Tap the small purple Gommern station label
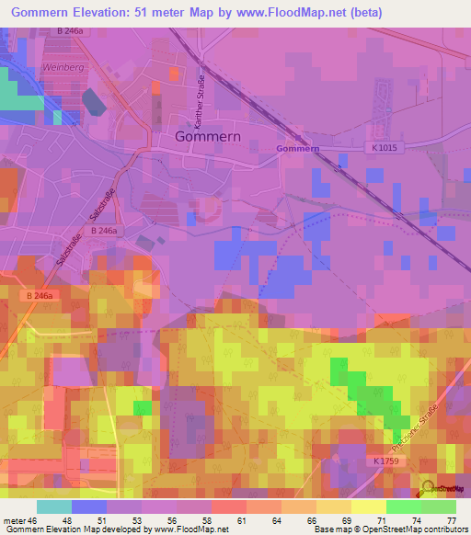pos(297,148)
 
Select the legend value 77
pos(451,520)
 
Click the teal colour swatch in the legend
pos(53,507)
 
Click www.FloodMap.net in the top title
pos(281,12)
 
